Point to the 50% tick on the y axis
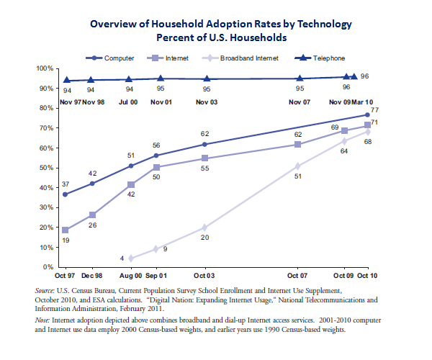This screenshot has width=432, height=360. [48, 168]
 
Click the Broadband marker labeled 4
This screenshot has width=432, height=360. [131, 258]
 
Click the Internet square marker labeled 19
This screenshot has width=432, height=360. [66, 230]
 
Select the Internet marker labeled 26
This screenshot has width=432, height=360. [93, 215]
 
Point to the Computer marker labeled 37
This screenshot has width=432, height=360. [66, 194]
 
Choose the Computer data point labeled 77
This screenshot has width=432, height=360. [367, 114]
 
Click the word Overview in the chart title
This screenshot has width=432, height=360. [114, 22]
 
